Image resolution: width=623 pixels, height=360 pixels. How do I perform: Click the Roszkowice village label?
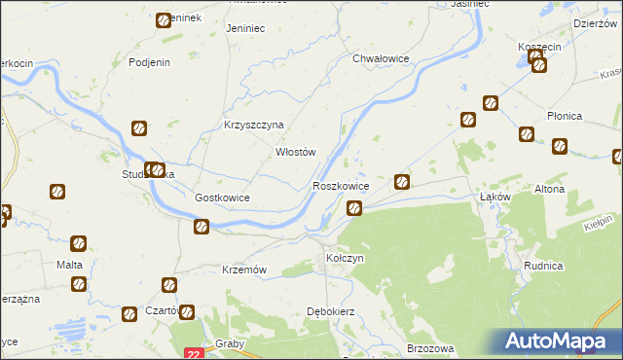[x=341, y=185]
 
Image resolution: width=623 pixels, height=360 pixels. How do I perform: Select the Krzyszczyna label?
[x=253, y=126]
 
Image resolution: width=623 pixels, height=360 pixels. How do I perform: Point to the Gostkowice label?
[x=223, y=198]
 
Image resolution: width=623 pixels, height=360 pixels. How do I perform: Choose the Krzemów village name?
[x=245, y=270]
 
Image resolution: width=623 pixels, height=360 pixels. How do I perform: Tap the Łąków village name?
[x=496, y=197]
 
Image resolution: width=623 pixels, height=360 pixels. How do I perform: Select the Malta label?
[x=69, y=265]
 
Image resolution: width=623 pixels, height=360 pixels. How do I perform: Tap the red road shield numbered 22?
[x=194, y=355]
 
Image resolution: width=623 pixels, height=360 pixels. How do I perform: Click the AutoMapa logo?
[x=560, y=342]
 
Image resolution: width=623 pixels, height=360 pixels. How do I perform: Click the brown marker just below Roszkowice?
[x=355, y=207]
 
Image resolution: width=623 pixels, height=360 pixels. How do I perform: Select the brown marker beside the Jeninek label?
[x=164, y=19]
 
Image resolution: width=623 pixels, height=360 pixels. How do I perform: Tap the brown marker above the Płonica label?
[x=528, y=134]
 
